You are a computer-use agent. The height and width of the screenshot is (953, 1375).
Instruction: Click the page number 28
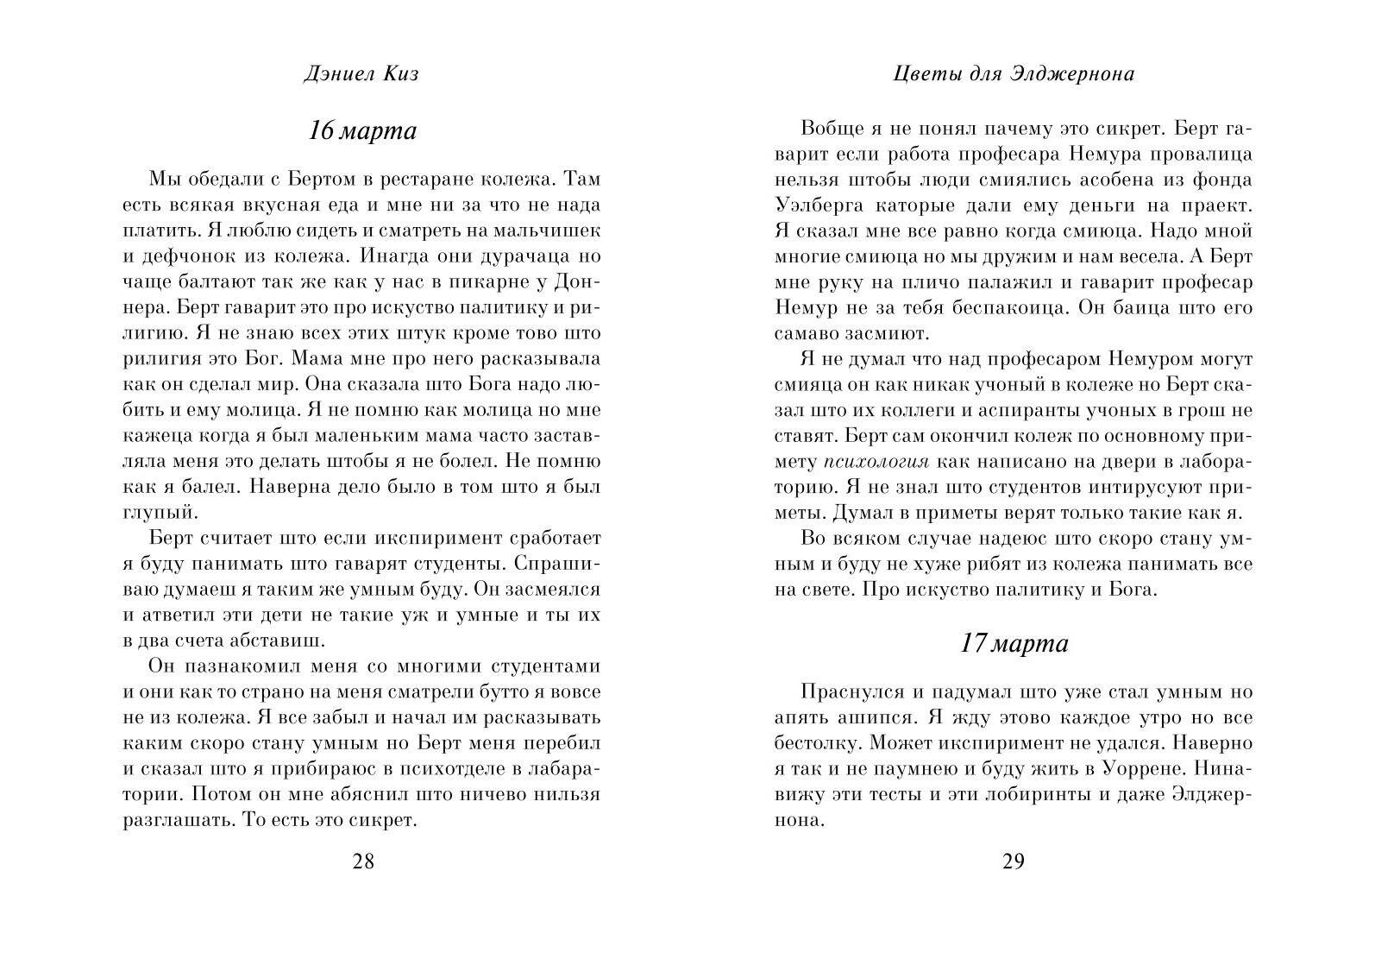coord(363,861)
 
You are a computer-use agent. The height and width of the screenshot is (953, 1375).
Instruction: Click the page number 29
coord(1013,861)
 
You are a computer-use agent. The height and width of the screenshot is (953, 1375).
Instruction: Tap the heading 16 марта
coord(362,131)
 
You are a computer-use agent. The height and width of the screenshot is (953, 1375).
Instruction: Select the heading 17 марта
coord(1014,644)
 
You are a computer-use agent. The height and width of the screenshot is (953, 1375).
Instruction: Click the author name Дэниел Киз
coord(361,74)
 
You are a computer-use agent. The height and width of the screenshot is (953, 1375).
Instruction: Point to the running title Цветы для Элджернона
coord(1013,74)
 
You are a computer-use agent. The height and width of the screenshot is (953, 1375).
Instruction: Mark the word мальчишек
coord(549,231)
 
